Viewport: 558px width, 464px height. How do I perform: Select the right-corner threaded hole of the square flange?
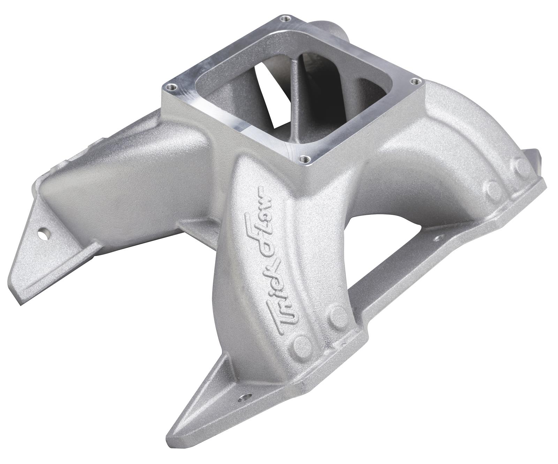coord(414,81)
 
